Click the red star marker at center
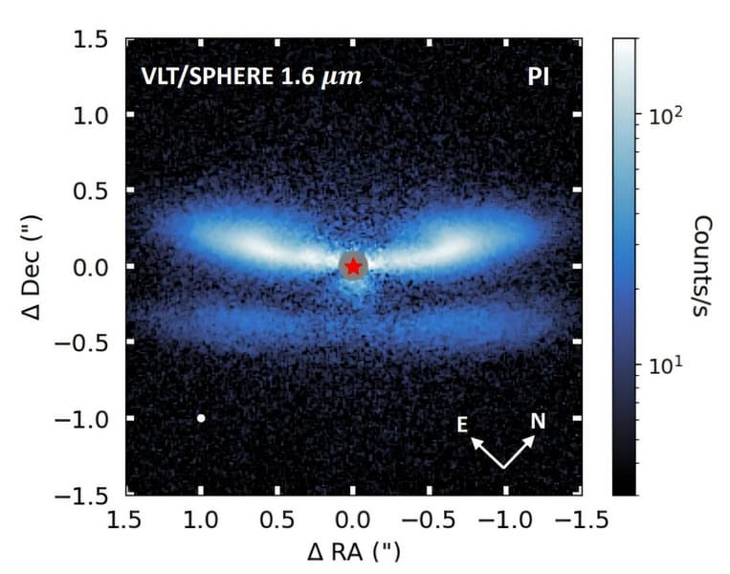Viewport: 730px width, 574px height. (x=353, y=266)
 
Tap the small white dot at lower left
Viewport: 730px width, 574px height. (x=201, y=418)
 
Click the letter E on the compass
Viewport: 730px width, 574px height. (x=462, y=425)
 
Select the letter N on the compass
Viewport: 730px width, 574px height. (x=538, y=420)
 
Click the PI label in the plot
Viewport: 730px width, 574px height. (x=539, y=77)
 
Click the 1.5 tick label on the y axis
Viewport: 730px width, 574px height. (x=94, y=39)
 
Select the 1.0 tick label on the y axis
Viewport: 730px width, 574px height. (x=94, y=115)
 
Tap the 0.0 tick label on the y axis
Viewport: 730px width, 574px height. (x=94, y=267)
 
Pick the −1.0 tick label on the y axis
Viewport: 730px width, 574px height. (x=86, y=419)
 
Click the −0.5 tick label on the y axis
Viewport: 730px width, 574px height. (x=86, y=342)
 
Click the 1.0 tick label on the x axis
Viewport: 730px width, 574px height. (x=201, y=519)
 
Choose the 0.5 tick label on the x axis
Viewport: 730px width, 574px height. (x=277, y=519)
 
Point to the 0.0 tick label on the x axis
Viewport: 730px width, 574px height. (x=353, y=519)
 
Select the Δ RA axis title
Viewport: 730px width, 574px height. (x=353, y=552)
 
